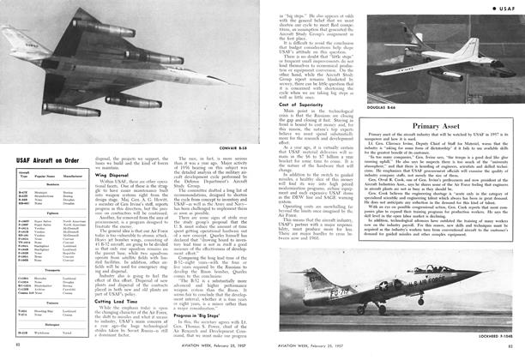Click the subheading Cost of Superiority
click(295, 105)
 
